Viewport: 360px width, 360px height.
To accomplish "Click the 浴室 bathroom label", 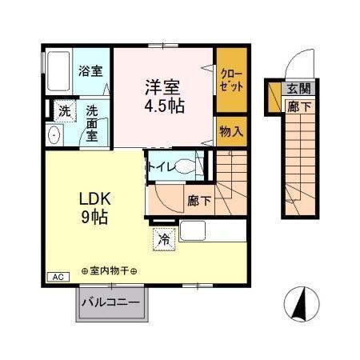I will (90, 70).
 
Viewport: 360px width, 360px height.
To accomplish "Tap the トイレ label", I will (157, 167).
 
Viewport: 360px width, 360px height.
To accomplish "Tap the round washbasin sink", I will (55, 135).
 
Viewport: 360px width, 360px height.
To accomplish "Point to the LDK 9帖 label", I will (93, 207).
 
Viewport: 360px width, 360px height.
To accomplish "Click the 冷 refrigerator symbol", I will (163, 238).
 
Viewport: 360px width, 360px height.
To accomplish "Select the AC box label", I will (58, 276).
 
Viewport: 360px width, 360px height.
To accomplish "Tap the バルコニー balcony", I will (110, 303).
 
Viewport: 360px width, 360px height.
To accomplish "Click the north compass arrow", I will (302, 305).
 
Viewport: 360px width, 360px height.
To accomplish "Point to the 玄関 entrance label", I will (299, 90).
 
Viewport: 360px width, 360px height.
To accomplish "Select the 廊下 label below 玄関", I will (299, 106).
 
